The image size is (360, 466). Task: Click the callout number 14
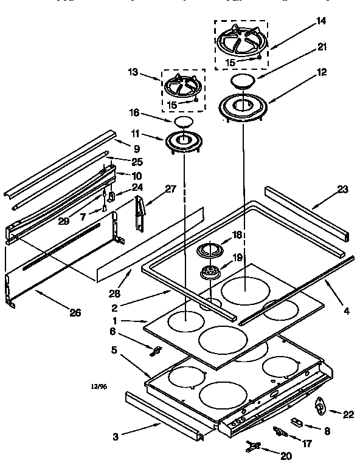click(321, 21)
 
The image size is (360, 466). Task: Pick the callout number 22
click(348, 414)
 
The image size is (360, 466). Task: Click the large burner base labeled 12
click(244, 106)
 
